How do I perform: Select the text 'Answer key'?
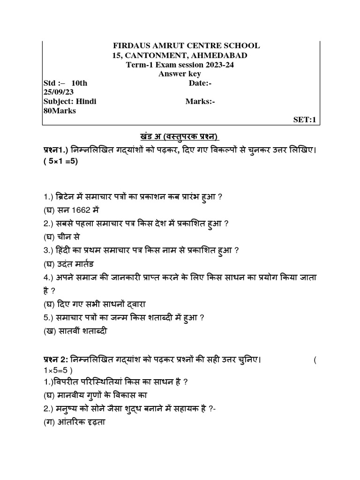[x=180, y=74]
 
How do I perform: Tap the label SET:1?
[x=305, y=120]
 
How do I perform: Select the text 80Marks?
[x=60, y=111]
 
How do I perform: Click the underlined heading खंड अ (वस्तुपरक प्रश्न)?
[x=173, y=136]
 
